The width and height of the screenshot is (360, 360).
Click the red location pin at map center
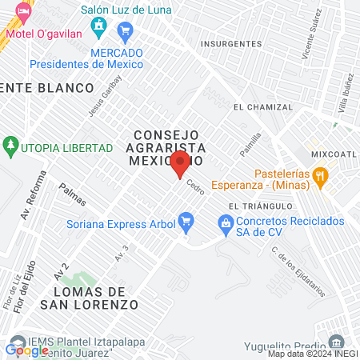click(x=180, y=164)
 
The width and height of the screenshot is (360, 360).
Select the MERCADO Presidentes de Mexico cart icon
click(x=124, y=31)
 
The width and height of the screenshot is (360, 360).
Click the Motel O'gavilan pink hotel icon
click(x=22, y=12)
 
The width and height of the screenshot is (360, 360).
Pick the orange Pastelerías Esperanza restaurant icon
click(x=321, y=175)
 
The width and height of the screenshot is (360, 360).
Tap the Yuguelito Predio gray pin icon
click(x=337, y=341)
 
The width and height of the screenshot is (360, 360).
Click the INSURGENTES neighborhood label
click(x=231, y=43)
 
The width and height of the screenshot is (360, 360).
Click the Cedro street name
click(x=195, y=188)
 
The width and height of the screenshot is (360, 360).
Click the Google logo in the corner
click(x=27, y=350)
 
